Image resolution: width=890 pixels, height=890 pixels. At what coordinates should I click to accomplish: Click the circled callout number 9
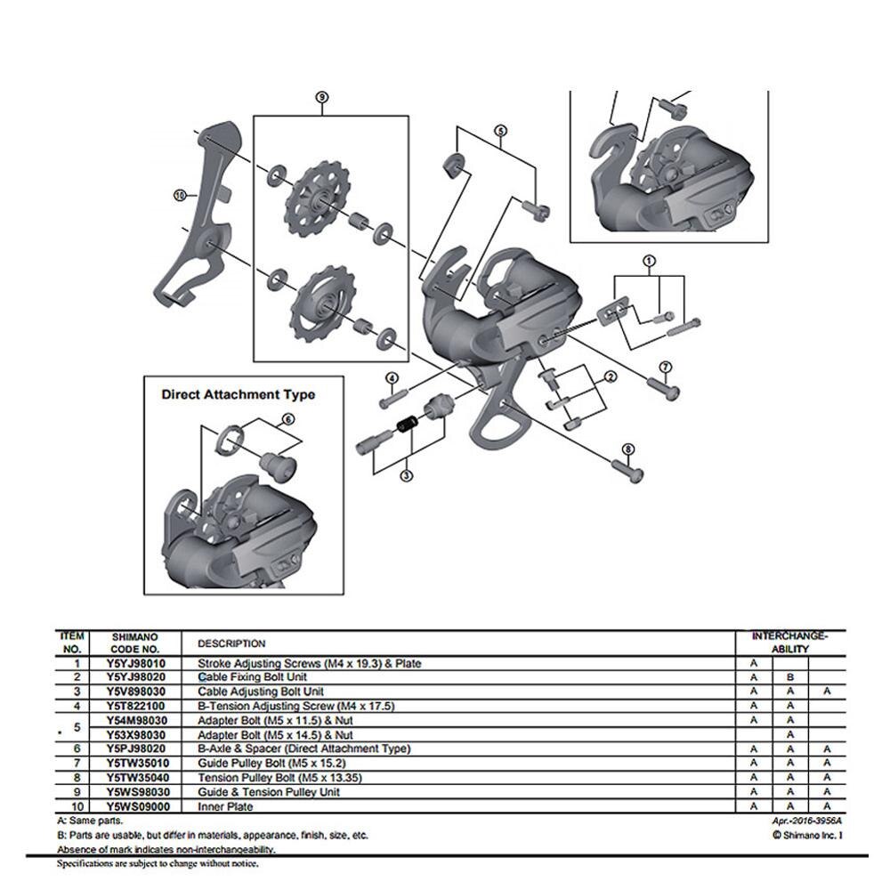click(322, 98)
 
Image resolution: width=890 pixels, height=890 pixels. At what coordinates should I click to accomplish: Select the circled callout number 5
click(500, 131)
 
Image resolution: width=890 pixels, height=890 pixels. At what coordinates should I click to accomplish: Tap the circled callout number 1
click(648, 262)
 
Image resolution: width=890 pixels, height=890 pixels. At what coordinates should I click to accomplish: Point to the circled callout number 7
click(665, 367)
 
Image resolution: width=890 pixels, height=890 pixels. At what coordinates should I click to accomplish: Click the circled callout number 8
click(628, 449)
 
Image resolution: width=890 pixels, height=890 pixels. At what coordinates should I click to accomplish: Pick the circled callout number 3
click(407, 476)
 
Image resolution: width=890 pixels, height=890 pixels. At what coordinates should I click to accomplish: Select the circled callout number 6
click(287, 418)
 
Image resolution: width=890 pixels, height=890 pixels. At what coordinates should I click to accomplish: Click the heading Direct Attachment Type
click(238, 393)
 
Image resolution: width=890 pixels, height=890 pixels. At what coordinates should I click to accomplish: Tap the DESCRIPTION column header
click(231, 643)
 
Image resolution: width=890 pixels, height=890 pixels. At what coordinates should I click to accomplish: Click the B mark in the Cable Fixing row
click(789, 677)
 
